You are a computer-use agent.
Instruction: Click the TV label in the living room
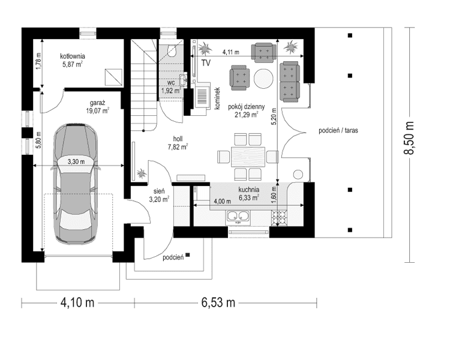[206, 62]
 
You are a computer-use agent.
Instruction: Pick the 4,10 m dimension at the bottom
[77, 302]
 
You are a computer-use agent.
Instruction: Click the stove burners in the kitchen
[280, 219]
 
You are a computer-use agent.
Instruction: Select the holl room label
[178, 137]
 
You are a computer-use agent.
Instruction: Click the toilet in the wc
[172, 51]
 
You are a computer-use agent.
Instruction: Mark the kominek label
[218, 98]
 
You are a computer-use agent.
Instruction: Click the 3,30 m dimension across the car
[75, 161]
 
